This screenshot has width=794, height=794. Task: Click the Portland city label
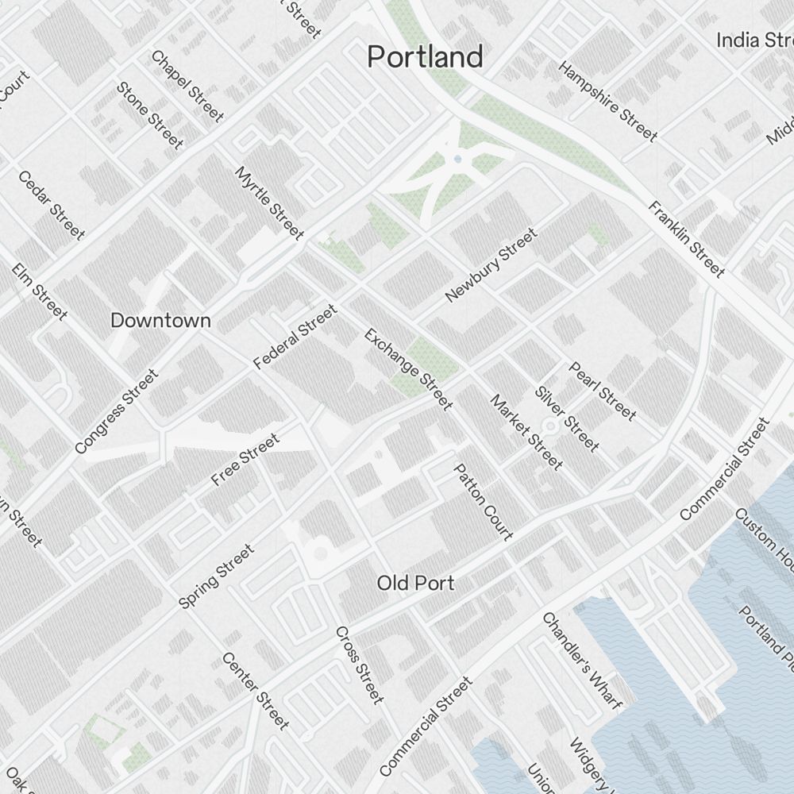click(425, 57)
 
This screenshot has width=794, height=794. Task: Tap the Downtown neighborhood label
click(160, 321)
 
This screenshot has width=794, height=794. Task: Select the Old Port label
click(415, 584)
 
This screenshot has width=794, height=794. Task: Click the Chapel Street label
click(187, 87)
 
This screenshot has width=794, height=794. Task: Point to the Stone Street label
click(150, 115)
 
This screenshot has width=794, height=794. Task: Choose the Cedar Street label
click(51, 205)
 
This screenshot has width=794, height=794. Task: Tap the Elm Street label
click(40, 291)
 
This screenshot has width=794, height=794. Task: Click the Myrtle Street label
click(270, 203)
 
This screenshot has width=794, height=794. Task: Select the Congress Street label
click(116, 411)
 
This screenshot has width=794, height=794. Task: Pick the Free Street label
click(245, 460)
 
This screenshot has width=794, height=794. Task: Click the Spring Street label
click(217, 576)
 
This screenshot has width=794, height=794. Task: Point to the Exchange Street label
click(408, 369)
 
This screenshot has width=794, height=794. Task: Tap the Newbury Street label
click(491, 265)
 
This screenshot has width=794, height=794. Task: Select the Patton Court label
click(483, 502)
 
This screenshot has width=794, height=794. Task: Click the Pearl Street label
click(602, 391)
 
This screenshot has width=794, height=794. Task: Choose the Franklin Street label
click(687, 240)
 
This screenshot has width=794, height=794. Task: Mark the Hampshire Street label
click(608, 102)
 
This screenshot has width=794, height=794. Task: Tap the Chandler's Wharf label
click(581, 661)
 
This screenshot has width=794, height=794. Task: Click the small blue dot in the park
click(457, 160)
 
